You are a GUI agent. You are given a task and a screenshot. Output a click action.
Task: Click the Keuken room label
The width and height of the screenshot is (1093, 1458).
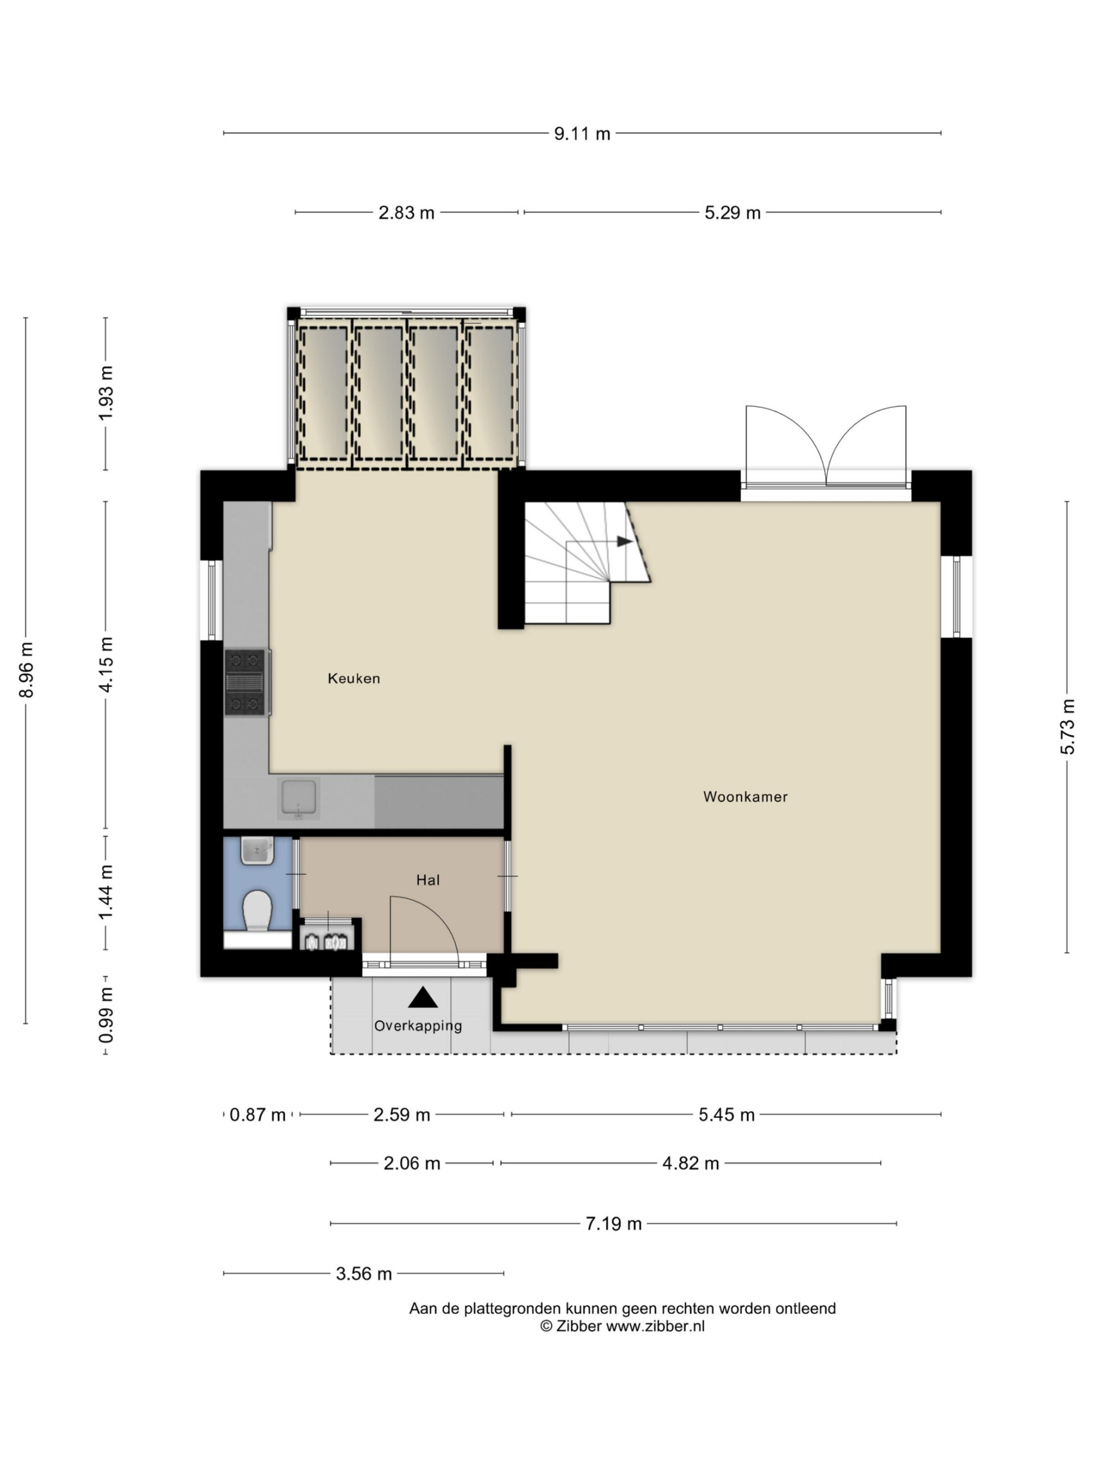click(354, 678)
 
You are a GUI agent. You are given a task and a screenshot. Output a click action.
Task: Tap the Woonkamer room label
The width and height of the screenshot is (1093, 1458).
click(745, 797)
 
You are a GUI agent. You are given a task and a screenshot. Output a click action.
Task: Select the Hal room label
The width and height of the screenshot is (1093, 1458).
click(428, 880)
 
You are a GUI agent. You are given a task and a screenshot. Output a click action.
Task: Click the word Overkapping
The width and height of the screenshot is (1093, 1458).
click(418, 1026)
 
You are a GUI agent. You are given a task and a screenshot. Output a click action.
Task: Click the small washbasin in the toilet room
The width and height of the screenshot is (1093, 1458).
click(257, 850)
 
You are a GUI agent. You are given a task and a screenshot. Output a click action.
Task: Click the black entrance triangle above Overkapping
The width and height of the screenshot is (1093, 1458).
click(422, 998)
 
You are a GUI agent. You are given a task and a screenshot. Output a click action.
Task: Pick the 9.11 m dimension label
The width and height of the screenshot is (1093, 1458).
click(582, 134)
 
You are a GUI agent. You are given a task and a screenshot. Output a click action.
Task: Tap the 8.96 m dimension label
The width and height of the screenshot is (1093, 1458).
click(26, 669)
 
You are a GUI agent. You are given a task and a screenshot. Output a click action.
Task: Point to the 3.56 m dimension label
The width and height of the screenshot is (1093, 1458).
click(364, 1273)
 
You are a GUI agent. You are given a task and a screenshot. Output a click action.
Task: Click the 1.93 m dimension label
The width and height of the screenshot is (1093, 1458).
click(105, 394)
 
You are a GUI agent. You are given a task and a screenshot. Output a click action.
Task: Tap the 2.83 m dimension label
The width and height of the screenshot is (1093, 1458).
click(406, 213)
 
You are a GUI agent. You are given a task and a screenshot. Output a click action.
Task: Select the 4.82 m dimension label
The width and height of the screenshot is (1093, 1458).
click(691, 1164)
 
